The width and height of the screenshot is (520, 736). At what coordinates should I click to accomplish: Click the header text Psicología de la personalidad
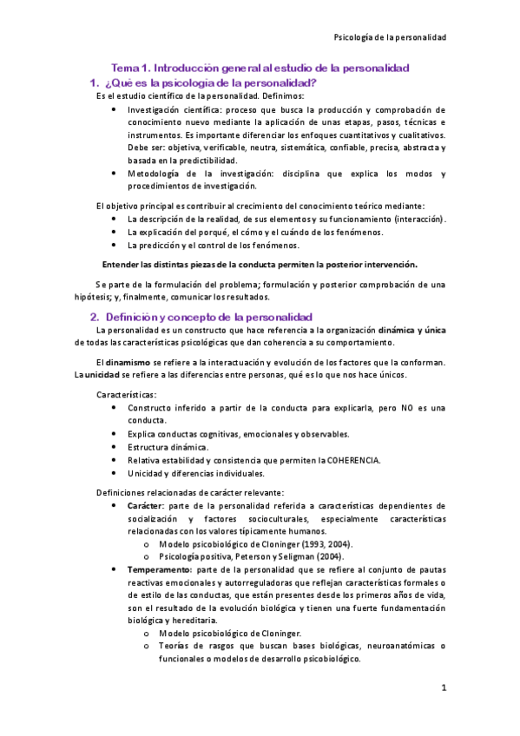[x=390, y=37]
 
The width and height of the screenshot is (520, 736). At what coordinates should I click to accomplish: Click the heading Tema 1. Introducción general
[x=260, y=68]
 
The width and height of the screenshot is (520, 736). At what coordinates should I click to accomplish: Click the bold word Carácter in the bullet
[x=145, y=505]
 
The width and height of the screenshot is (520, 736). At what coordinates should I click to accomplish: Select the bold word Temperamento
[x=161, y=568]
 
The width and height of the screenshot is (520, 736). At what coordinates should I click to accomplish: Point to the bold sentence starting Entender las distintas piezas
[x=260, y=264]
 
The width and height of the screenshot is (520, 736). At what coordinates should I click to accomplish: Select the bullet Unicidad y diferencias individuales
[x=196, y=473]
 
